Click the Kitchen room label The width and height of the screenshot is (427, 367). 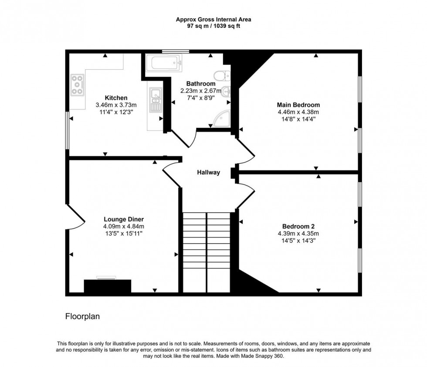116,98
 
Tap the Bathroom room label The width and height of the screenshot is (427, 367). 200,84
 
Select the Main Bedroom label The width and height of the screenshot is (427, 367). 298,105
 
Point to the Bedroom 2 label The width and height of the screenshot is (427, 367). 298,226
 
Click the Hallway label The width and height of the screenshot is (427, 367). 208,173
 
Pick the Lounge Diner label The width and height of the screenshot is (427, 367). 123,219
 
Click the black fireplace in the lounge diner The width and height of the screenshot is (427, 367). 107,286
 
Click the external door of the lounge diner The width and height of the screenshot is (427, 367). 74,217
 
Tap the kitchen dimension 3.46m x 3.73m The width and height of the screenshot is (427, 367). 116,105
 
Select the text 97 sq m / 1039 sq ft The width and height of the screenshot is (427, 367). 213,26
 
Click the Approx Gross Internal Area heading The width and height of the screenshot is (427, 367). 213,19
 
